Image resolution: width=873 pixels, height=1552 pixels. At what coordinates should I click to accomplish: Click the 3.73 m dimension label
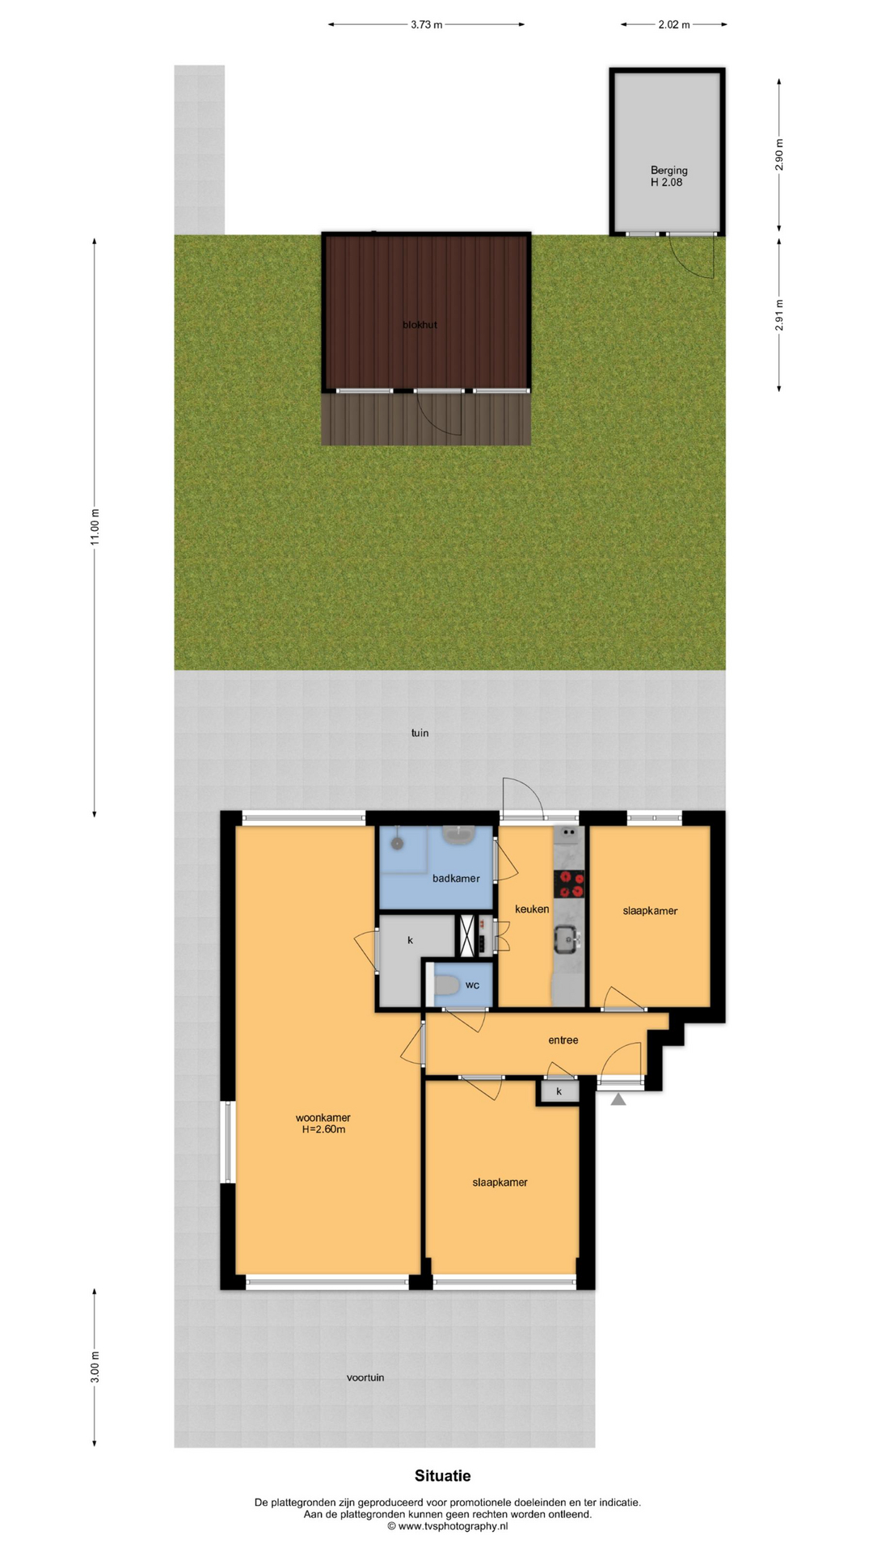[x=426, y=24]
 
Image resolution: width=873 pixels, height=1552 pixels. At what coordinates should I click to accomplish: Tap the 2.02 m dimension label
[x=673, y=24]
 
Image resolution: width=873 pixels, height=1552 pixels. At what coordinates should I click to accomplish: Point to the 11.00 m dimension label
[x=95, y=527]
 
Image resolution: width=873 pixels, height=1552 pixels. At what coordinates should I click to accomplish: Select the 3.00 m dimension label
[x=95, y=1367]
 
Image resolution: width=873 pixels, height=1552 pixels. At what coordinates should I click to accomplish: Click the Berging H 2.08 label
[x=668, y=176]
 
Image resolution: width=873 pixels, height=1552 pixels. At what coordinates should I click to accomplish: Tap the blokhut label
[x=420, y=325]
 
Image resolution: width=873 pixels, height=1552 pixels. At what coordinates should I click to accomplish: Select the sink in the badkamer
[x=458, y=835]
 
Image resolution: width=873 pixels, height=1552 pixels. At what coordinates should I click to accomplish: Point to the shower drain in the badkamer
[x=397, y=843]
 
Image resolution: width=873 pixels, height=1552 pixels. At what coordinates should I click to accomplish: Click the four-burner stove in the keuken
[x=569, y=884]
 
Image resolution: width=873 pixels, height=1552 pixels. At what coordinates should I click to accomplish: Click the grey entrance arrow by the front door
[x=618, y=1099]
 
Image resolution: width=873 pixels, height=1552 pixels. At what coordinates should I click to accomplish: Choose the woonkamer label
[x=323, y=1118]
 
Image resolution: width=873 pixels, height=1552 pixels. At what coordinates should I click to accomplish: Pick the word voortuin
[x=365, y=1377]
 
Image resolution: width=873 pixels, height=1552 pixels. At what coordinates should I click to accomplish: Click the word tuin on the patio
[x=420, y=733]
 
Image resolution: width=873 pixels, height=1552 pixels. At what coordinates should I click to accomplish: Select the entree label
[x=563, y=1040]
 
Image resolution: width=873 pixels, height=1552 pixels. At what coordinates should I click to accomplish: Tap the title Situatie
[x=443, y=1476]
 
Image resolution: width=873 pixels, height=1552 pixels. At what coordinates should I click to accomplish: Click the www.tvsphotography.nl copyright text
[x=447, y=1526]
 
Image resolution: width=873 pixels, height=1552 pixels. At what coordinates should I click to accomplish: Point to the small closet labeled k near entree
[x=559, y=1092]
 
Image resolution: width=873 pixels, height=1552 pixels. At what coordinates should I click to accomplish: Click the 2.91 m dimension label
[x=779, y=315]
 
